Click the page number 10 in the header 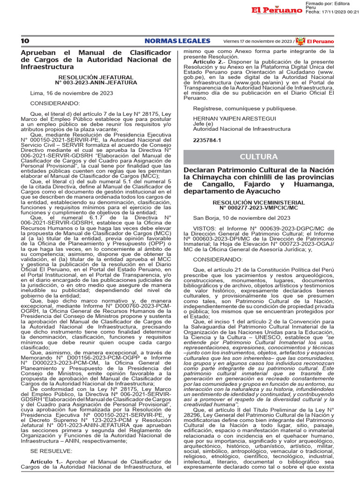25,41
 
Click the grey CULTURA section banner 258,156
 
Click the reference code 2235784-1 206,140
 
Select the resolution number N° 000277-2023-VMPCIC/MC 258,208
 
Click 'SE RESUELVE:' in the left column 51,451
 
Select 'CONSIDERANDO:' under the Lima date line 55,103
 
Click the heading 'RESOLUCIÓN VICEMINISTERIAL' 258,202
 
